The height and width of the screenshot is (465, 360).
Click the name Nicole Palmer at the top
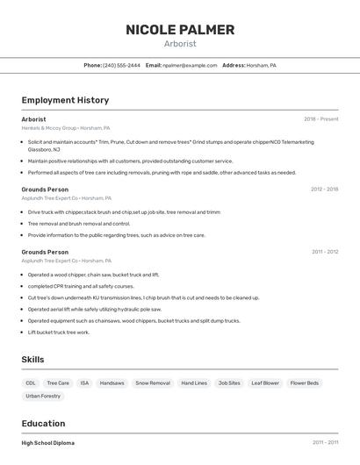pos(180,30)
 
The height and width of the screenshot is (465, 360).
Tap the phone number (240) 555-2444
pos(121,65)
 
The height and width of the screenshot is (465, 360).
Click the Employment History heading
pos(65,100)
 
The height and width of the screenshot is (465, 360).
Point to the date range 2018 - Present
pos(320,119)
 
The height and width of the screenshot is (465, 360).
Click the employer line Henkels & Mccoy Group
pos(49,128)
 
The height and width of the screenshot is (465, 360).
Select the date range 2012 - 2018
pos(324,189)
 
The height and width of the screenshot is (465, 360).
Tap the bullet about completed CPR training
pos(81,286)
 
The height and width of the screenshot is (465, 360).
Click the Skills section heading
pos(33,360)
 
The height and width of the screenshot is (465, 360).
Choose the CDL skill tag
pos(31,383)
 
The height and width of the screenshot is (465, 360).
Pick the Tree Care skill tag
pos(58,383)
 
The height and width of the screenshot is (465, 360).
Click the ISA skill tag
pos(84,383)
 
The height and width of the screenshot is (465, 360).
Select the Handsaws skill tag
pos(112,383)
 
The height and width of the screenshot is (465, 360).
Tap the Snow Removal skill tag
pos(153,383)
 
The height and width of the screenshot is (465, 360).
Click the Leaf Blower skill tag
pos(264,383)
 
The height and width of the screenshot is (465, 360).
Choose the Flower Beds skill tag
pos(305,383)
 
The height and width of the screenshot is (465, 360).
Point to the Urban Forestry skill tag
pos(43,397)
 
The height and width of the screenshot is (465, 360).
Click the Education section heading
pos(43,423)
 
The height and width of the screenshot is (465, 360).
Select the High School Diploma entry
pos(47,443)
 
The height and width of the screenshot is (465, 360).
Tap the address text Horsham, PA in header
pos(261,65)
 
